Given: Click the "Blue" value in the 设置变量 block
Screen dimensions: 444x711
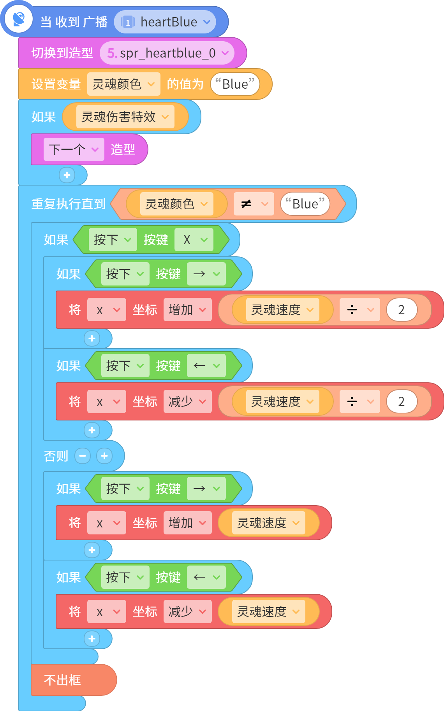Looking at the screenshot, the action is click(235, 84).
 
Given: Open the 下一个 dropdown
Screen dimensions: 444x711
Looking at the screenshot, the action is click(74, 149).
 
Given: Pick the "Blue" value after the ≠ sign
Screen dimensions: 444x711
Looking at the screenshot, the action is click(305, 204).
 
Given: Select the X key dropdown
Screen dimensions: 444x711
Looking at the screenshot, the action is click(194, 240).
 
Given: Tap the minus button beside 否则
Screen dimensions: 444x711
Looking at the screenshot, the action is click(83, 456).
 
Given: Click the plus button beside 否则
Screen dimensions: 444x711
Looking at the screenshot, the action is click(104, 456).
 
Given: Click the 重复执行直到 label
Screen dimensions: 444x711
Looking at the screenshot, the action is click(69, 204).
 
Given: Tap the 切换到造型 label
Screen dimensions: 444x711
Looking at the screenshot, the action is click(62, 53).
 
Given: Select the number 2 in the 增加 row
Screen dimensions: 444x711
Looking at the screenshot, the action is click(402, 310).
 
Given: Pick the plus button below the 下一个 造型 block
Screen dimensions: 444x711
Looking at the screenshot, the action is click(67, 175).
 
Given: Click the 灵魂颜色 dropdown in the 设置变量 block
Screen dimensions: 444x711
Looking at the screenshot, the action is click(123, 84).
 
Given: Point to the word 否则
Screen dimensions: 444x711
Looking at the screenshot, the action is click(56, 456).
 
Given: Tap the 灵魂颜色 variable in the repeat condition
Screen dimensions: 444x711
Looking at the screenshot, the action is click(177, 204).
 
